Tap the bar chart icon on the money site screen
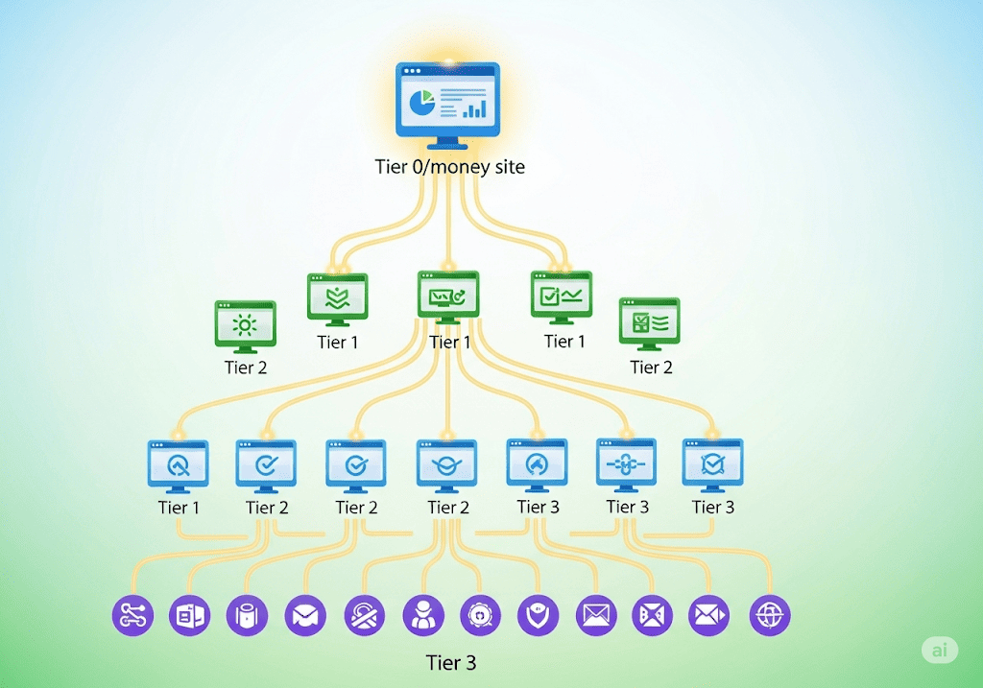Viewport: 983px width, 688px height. click(474, 107)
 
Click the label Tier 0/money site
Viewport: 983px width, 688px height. click(449, 167)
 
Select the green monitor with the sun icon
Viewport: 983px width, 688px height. click(245, 324)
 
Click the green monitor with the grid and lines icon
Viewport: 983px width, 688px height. click(650, 321)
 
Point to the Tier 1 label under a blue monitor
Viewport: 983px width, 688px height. click(179, 508)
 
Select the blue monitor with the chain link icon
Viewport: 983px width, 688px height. click(626, 463)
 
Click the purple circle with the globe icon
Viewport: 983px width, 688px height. click(769, 615)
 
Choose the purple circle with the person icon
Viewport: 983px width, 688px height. click(421, 615)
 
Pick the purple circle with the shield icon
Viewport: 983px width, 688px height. click(538, 615)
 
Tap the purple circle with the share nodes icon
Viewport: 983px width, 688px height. click(132, 615)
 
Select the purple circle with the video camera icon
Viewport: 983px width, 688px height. click(709, 615)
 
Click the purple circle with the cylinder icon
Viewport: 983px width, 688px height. click(247, 615)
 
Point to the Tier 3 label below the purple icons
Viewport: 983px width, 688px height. click(451, 663)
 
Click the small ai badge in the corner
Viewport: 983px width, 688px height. click(940, 650)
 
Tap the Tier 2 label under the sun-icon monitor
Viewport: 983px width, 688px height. click(246, 368)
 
